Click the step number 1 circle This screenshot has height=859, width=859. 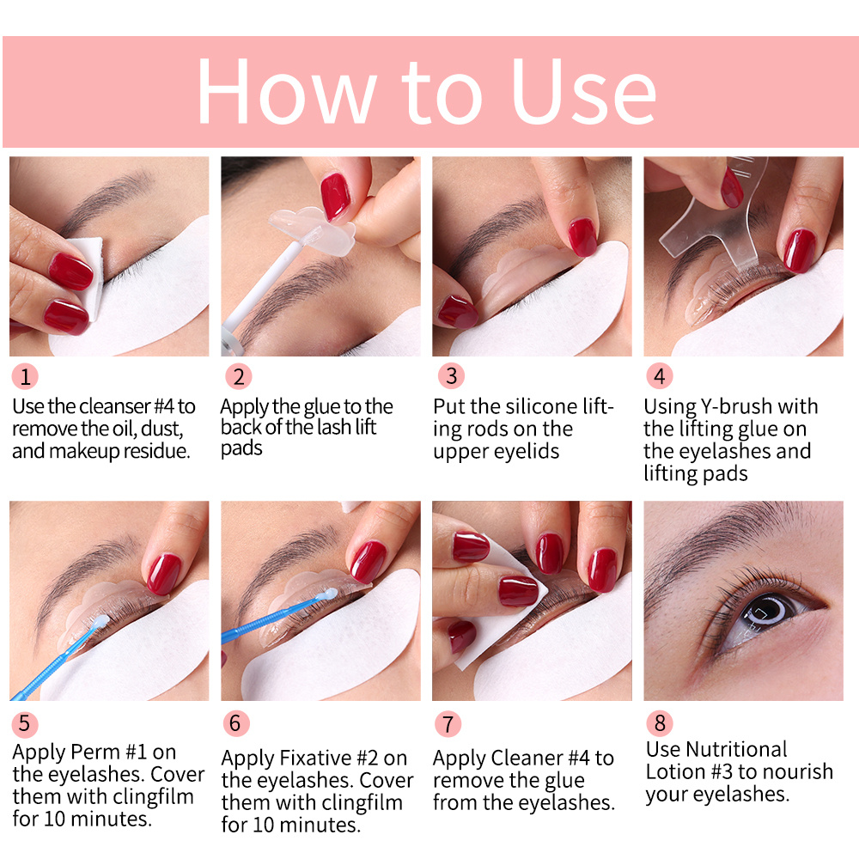tap(25, 376)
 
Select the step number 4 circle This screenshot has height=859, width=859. tap(659, 376)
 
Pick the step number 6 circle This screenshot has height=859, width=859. tap(236, 723)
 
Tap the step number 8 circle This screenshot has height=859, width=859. tap(659, 723)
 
